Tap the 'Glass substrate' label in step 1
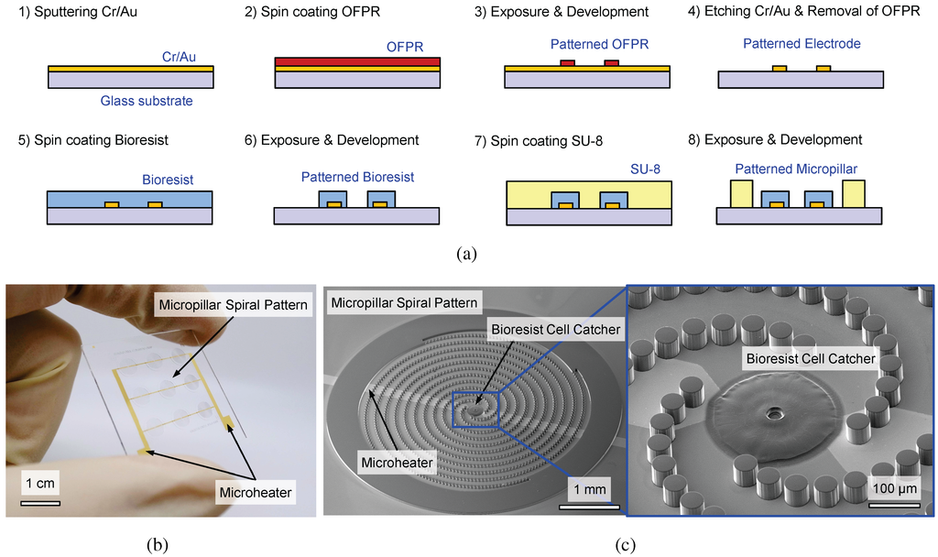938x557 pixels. point(146,101)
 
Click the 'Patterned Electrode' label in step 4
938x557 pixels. point(802,43)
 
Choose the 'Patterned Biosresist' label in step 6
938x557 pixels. point(357,177)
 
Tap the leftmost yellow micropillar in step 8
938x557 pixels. point(741,193)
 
